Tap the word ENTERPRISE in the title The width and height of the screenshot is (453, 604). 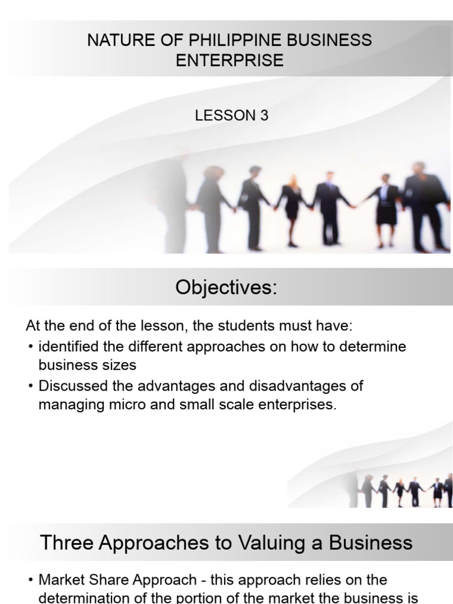click(x=229, y=61)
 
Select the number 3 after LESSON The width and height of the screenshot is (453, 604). click(x=264, y=116)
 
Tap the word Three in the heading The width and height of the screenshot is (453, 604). click(x=67, y=543)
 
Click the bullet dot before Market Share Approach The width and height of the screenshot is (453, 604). click(x=31, y=580)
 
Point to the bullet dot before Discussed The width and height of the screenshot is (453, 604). click(x=31, y=386)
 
